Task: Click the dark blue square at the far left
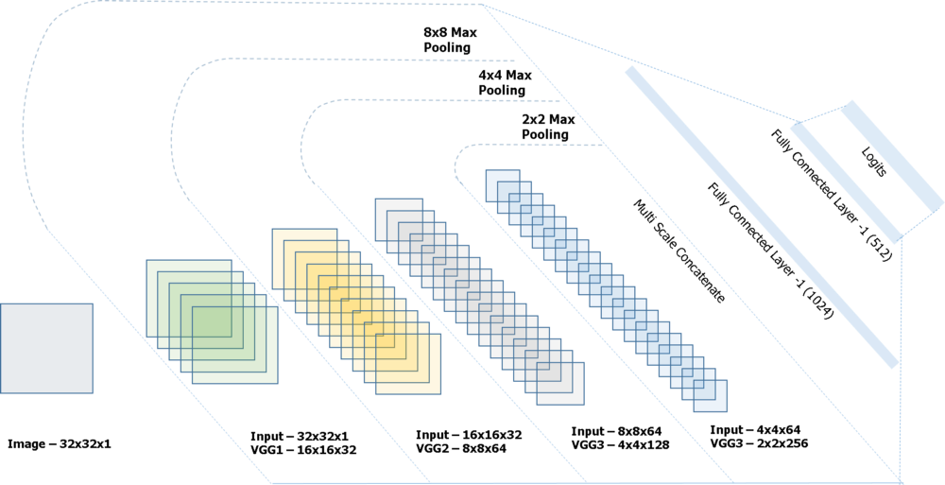point(46,348)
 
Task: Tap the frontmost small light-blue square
point(712,397)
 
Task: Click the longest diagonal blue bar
point(761,217)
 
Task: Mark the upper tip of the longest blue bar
point(629,71)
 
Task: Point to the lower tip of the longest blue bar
point(893,363)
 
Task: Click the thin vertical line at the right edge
point(901,359)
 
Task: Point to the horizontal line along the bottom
point(567,482)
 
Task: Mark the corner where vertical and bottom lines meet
point(901,482)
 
